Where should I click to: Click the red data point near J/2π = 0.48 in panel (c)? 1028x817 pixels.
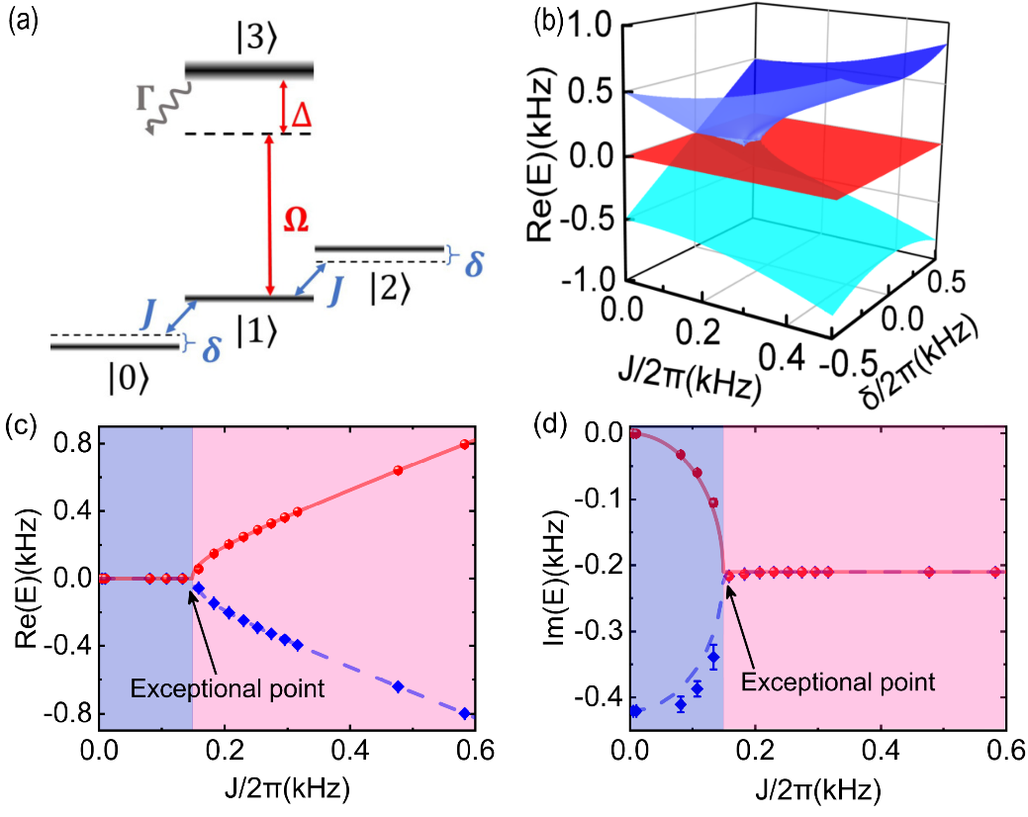point(398,471)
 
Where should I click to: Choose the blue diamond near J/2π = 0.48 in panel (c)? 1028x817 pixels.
point(398,686)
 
